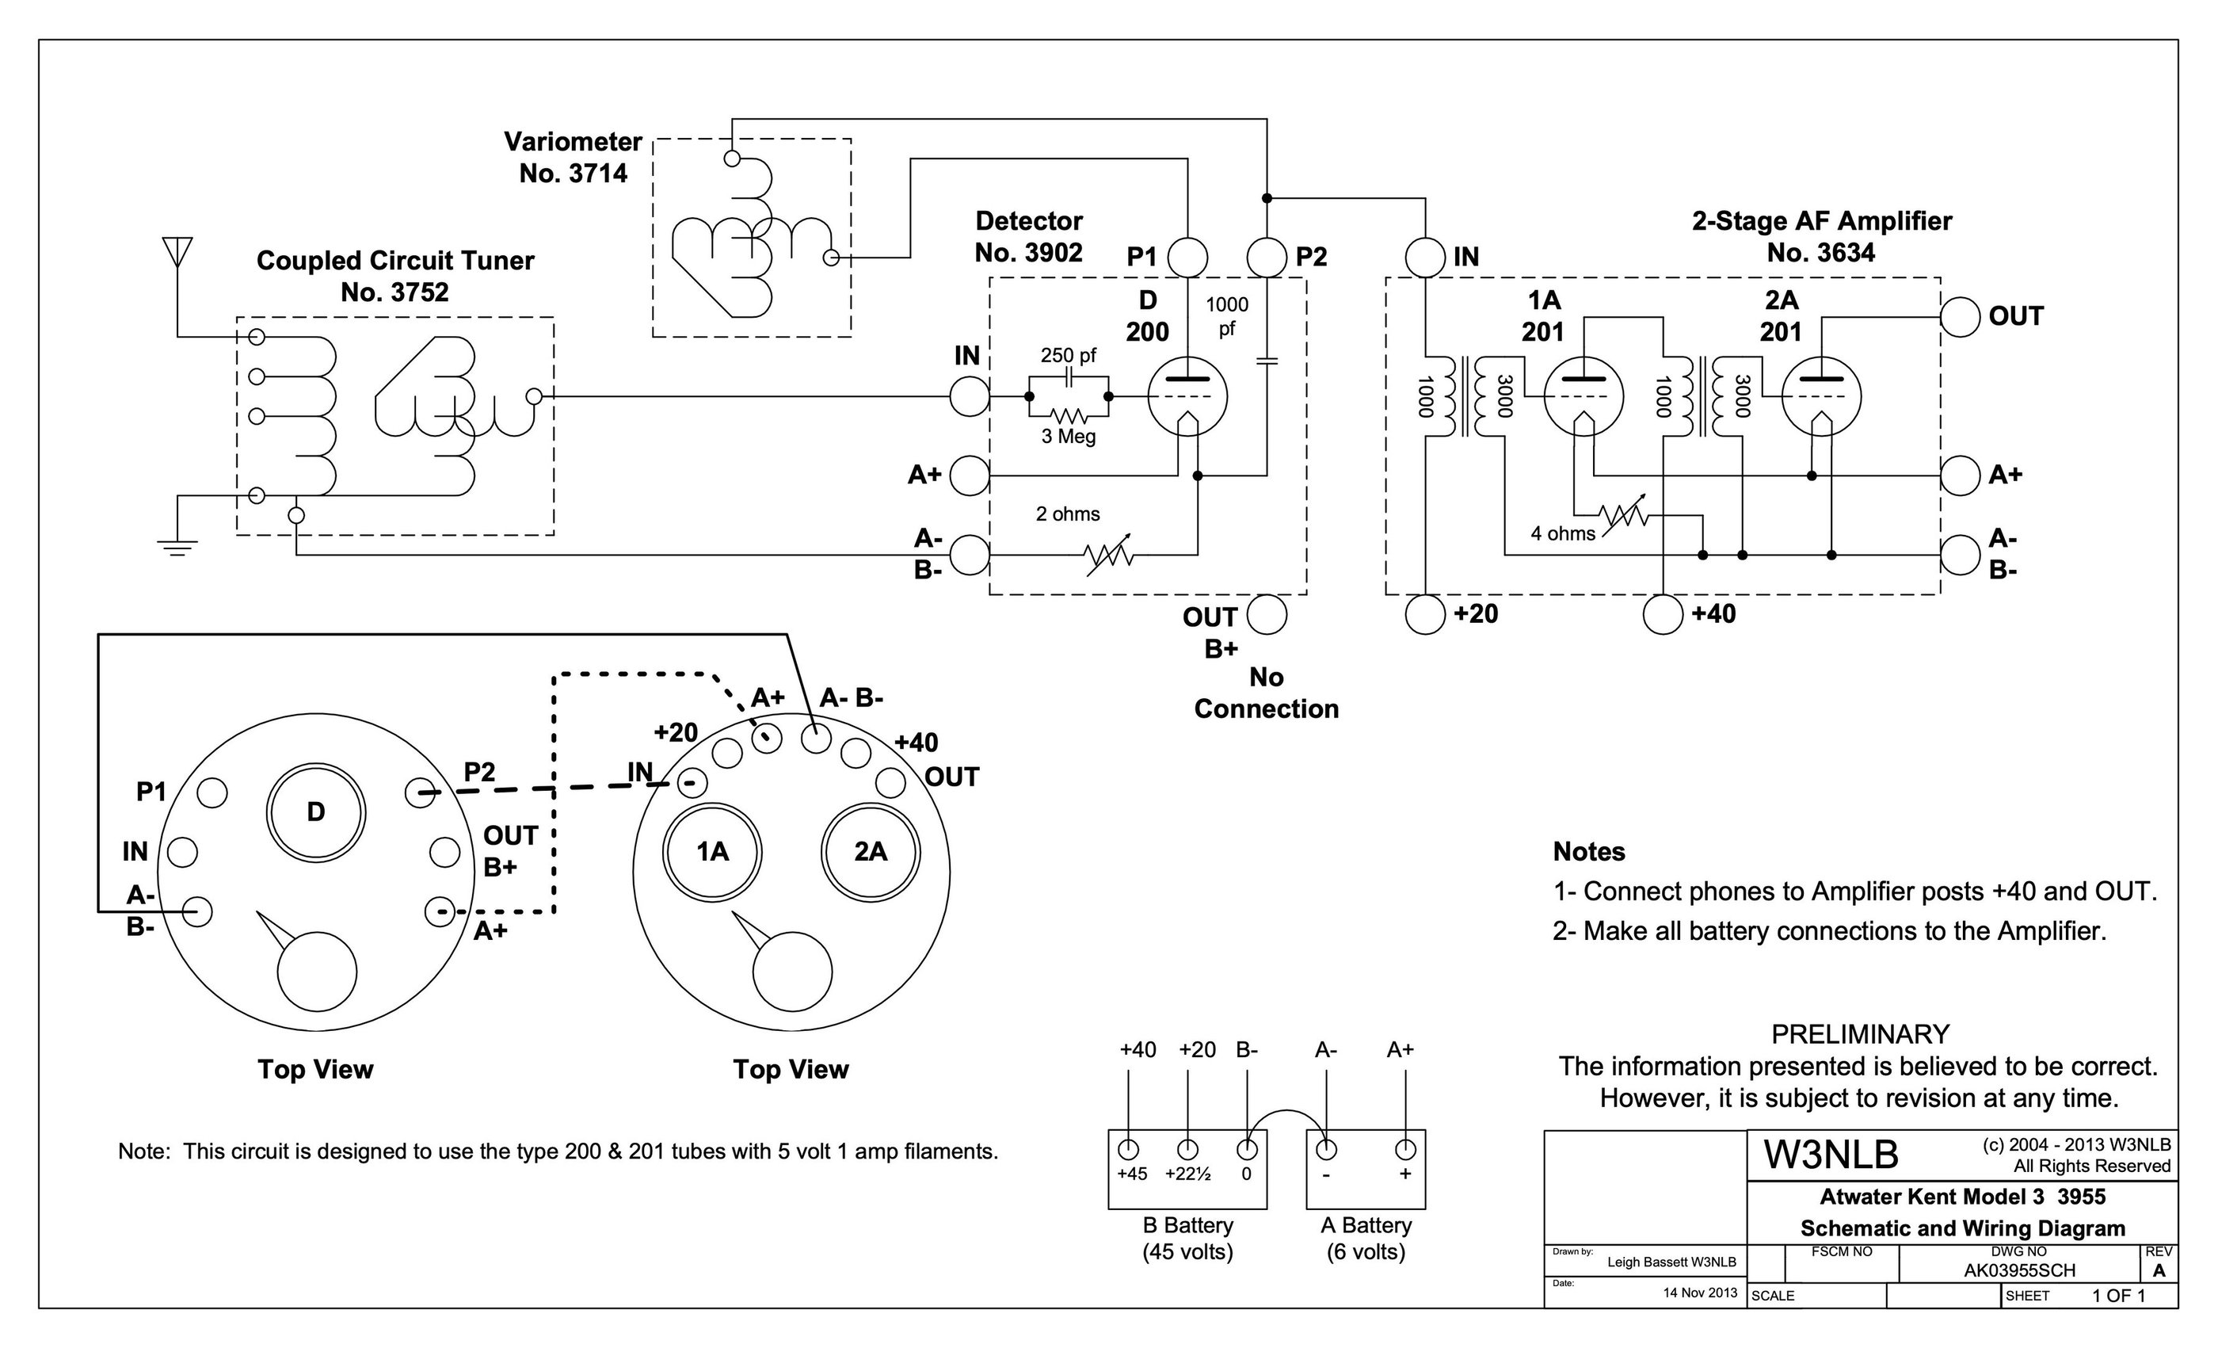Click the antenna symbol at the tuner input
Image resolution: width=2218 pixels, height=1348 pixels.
[177, 251]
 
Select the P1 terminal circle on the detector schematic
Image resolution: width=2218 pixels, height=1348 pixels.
[1187, 258]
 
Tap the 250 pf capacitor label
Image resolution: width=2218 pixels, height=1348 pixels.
[1069, 356]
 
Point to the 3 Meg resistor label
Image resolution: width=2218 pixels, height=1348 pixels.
[1069, 437]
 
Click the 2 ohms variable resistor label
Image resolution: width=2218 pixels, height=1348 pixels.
[1068, 514]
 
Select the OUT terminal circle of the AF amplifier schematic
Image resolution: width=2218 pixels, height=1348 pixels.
[1960, 317]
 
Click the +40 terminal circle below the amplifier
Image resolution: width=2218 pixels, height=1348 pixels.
[1663, 615]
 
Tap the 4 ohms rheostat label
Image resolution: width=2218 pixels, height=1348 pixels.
[1563, 533]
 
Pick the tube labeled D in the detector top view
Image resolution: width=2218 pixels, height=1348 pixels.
[316, 813]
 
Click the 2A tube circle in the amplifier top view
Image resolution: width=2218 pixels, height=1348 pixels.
[871, 852]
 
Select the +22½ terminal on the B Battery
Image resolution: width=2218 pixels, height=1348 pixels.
[1187, 1150]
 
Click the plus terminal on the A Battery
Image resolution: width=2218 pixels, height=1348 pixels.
[1405, 1150]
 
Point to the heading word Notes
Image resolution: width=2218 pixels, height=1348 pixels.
[1589, 852]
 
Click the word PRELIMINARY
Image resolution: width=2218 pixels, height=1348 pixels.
[1860, 1033]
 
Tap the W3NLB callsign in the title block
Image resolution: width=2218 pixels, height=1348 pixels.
[1831, 1155]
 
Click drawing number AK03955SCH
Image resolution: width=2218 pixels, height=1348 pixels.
[2019, 1270]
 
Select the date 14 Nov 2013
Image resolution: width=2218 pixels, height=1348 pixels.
[1699, 1293]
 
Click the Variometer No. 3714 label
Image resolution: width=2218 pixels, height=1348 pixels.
[573, 158]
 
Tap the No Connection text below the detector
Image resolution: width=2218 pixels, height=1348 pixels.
[1266, 693]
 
